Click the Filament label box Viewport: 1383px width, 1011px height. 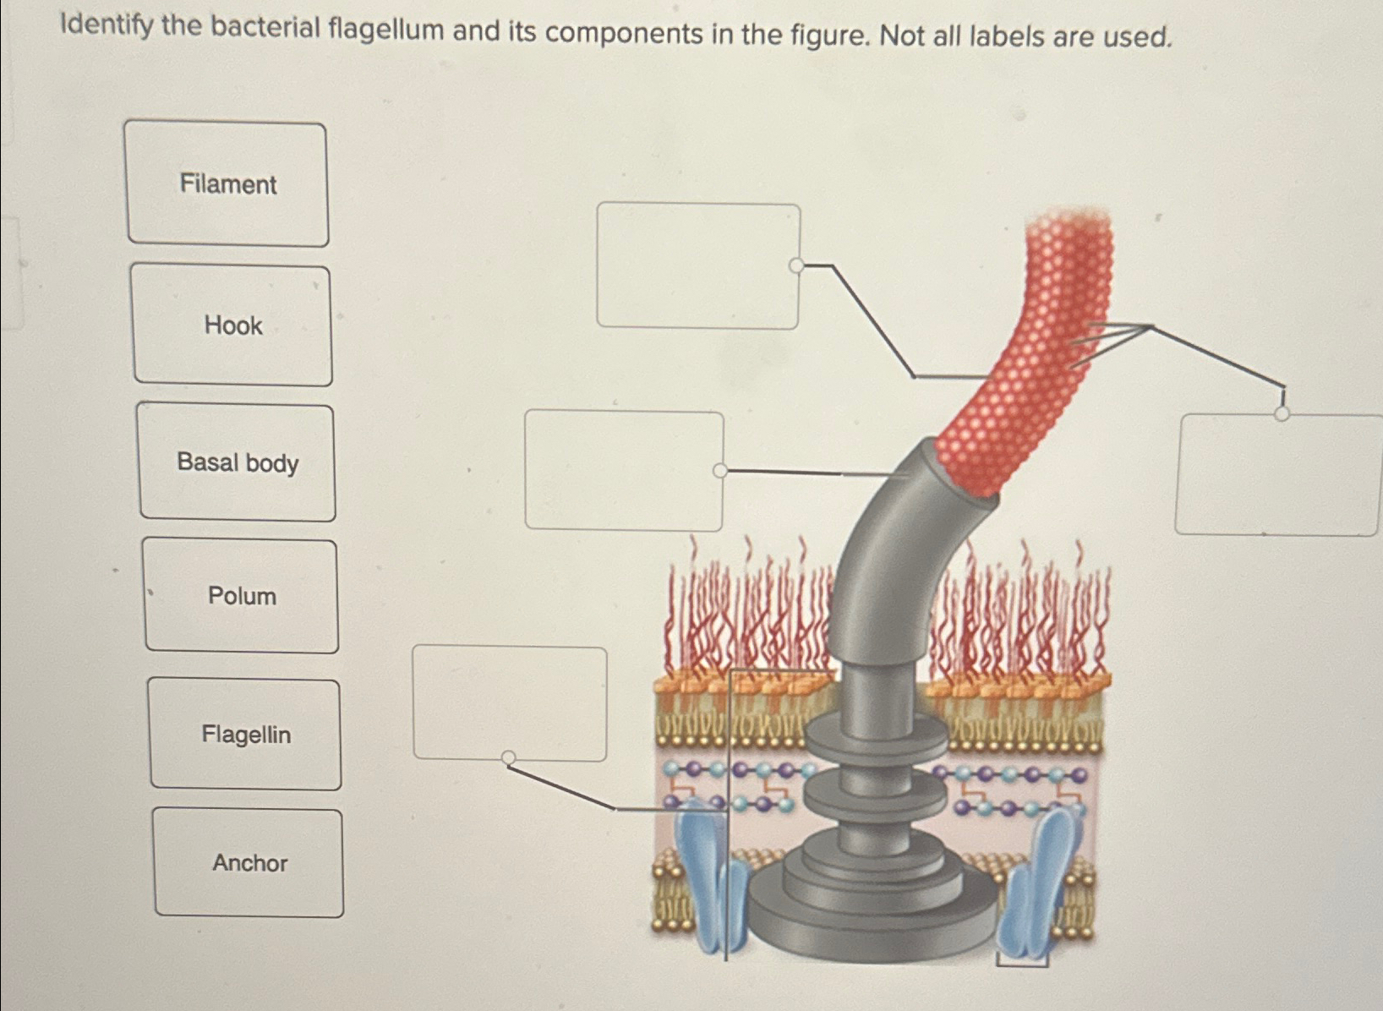point(227,184)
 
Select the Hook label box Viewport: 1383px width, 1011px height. point(232,325)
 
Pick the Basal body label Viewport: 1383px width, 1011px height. point(238,462)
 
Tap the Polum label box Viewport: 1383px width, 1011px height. point(242,596)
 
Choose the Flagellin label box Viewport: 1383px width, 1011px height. point(245,735)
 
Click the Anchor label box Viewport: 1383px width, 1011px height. point(249,863)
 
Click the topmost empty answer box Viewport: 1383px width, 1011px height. point(697,265)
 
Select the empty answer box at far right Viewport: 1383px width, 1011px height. point(1276,475)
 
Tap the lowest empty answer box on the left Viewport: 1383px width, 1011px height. point(510,702)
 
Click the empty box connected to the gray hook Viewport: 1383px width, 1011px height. point(624,470)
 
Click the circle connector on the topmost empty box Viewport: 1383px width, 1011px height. point(795,266)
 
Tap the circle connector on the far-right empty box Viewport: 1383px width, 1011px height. point(1282,413)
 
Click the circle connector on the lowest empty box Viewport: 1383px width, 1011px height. point(509,757)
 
